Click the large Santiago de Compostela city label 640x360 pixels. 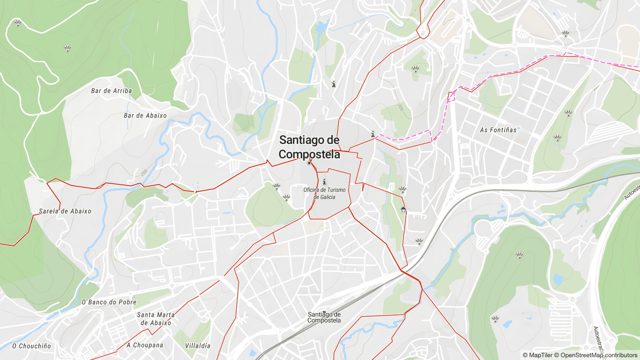click(309, 147)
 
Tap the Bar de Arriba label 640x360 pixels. click(111, 91)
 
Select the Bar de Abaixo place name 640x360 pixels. click(145, 116)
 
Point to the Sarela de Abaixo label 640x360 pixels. click(65, 211)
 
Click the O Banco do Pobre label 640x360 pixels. click(109, 302)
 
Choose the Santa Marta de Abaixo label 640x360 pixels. click(156, 319)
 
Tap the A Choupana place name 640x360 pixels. click(145, 345)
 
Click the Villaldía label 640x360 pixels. click(198, 346)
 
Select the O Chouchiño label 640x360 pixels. click(32, 346)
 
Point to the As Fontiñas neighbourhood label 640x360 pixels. click(498, 130)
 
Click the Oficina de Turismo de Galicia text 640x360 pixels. click(324, 194)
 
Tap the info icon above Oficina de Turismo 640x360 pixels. click(324, 182)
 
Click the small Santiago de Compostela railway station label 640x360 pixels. click(324, 318)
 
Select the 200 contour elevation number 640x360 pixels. click(144, 173)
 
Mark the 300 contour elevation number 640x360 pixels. click(400, 107)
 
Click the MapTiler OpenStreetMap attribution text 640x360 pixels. click(580, 355)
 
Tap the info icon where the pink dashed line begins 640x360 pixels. click(373, 134)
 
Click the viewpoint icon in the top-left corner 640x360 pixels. click(18, 23)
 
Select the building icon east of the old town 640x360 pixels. click(403, 210)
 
